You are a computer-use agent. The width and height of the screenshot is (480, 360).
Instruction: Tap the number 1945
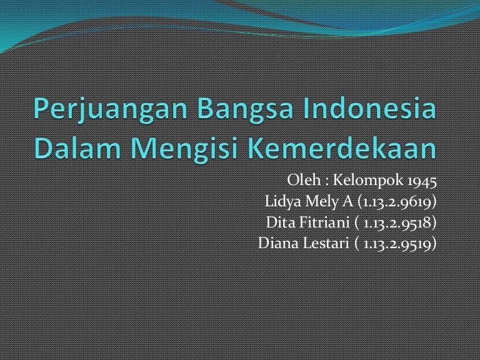pyautogui.click(x=421, y=182)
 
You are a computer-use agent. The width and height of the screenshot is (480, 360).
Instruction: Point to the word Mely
pyautogui.click(x=321, y=202)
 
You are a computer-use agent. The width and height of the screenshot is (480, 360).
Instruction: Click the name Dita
pyautogui.click(x=280, y=222)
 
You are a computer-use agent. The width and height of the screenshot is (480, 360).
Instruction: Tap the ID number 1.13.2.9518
pyautogui.click(x=400, y=223)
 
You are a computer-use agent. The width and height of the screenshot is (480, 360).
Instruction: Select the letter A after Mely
pyautogui.click(x=347, y=202)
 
